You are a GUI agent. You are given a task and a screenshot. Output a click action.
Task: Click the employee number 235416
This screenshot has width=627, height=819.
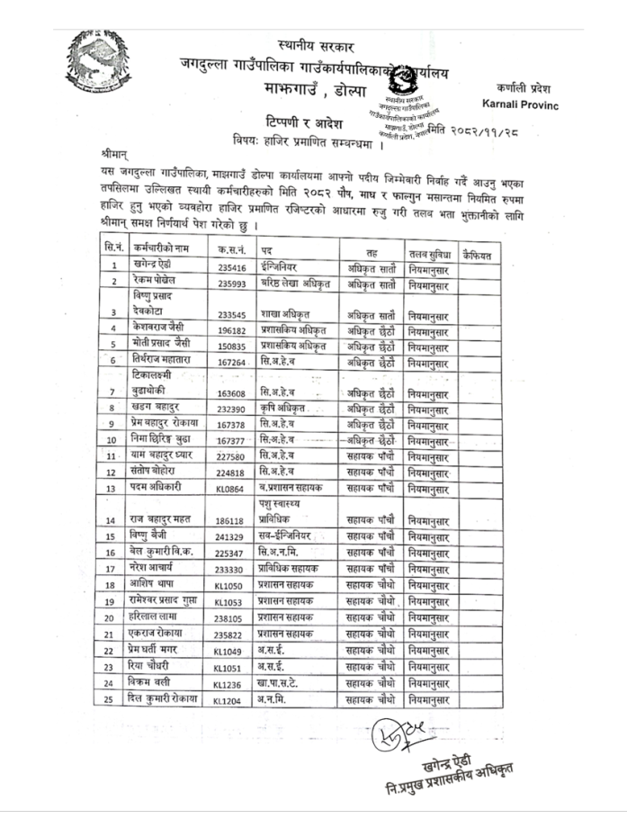point(231,266)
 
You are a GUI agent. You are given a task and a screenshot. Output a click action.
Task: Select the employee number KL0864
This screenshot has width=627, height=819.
point(230,489)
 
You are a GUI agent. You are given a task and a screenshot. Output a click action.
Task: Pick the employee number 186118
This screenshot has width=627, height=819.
point(230,521)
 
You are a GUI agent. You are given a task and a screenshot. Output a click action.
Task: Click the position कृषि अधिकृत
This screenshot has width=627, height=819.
point(285,408)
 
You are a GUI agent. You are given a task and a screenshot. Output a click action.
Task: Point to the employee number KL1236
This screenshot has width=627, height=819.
point(229,684)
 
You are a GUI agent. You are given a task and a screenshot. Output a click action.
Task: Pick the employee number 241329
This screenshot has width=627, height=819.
point(231,537)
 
